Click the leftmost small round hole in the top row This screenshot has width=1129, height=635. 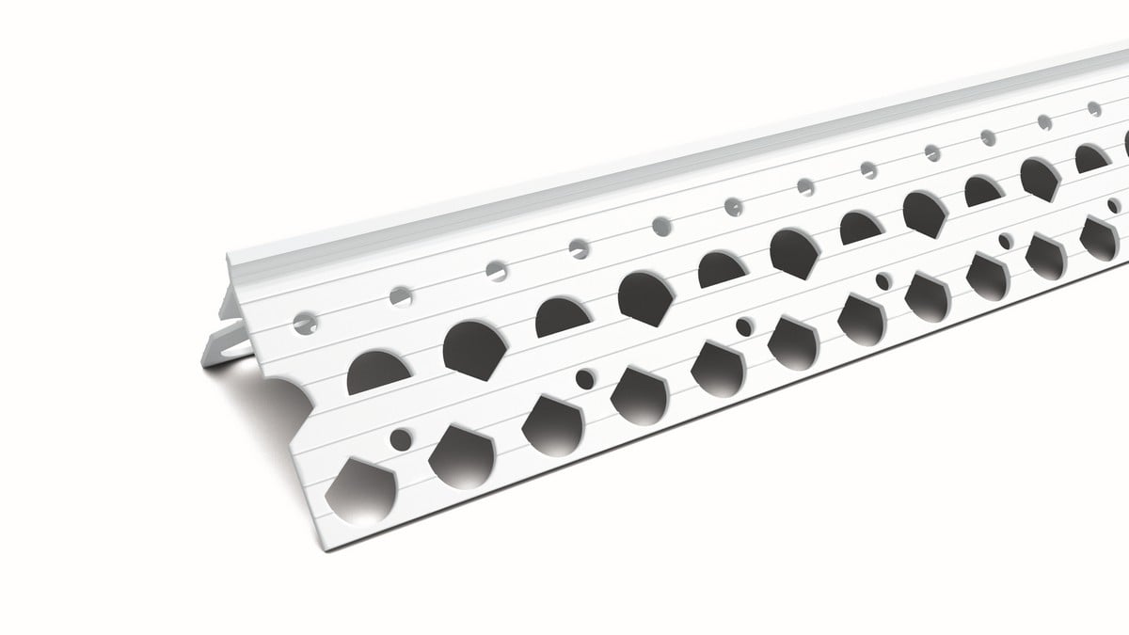tap(306, 323)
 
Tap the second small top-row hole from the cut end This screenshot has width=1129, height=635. tap(402, 294)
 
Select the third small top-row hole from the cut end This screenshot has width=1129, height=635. tap(494, 269)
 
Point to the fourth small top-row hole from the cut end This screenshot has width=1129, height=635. tap(579, 246)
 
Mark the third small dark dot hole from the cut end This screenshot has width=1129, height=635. tap(743, 327)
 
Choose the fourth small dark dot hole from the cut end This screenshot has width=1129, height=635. tap(883, 281)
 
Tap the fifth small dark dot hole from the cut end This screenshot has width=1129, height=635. tap(1005, 242)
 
